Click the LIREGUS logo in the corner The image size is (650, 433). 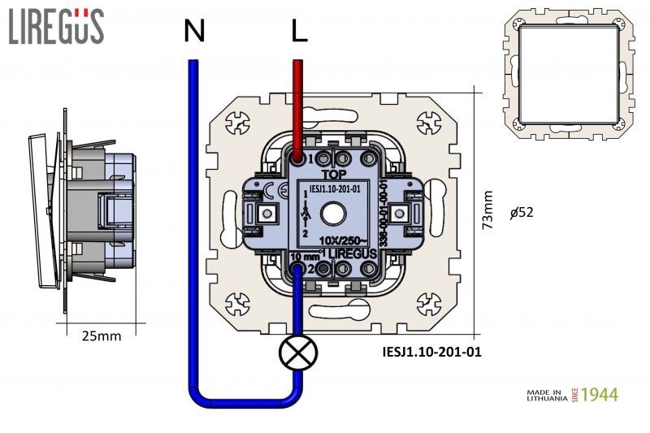tap(56, 26)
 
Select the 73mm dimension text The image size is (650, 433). tap(487, 210)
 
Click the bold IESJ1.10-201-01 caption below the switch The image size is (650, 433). tap(431, 353)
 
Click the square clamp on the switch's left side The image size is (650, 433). tap(265, 214)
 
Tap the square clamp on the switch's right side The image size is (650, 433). tap(398, 214)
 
